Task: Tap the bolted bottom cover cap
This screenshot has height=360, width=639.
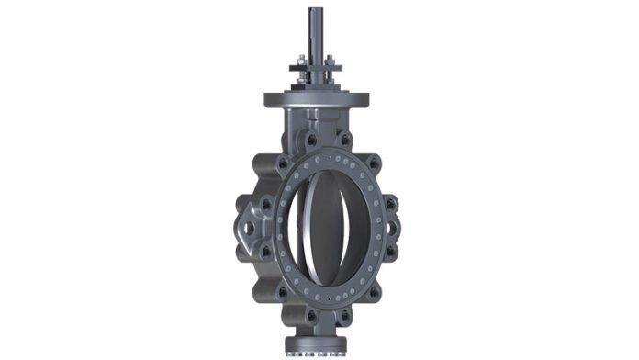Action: point(316,346)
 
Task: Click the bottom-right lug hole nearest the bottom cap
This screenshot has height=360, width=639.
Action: point(346,314)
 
